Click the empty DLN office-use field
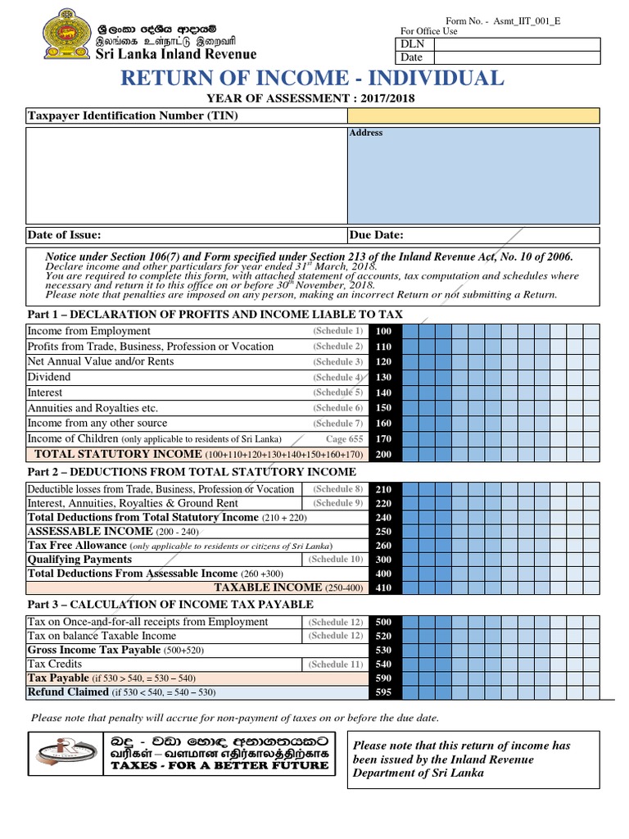point(516,43)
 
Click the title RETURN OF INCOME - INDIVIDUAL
point(312,79)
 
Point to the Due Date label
point(377,235)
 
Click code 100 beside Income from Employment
point(383,331)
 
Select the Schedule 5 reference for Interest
point(337,392)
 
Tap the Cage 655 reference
point(344,438)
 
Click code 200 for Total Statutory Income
point(383,454)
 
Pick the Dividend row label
point(49,377)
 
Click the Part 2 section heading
point(192,472)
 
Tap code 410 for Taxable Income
point(383,587)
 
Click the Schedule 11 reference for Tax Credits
point(334,664)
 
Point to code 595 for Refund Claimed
point(383,693)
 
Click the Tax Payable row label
point(58,678)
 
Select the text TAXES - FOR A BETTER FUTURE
point(219,766)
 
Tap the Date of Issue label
point(65,235)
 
